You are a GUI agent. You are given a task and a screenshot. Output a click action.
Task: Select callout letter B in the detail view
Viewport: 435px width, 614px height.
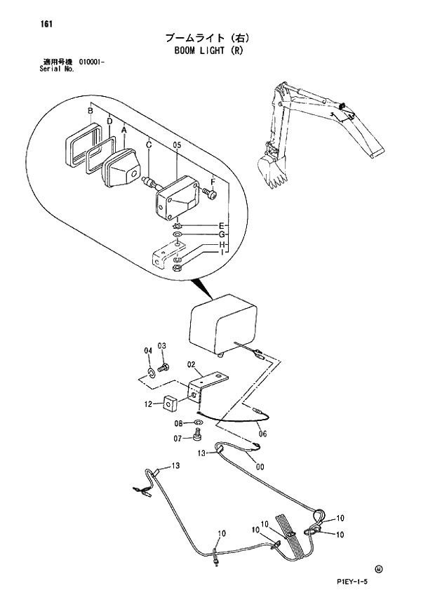pyautogui.click(x=91, y=111)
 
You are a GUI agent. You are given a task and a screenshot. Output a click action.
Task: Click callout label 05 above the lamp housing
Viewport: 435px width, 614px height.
pyautogui.click(x=177, y=145)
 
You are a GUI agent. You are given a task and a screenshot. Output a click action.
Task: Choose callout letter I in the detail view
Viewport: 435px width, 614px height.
pyautogui.click(x=221, y=251)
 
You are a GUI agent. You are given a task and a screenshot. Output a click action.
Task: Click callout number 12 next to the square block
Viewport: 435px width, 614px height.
pyautogui.click(x=148, y=404)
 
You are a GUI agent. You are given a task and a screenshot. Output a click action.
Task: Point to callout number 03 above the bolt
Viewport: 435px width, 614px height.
pyautogui.click(x=161, y=345)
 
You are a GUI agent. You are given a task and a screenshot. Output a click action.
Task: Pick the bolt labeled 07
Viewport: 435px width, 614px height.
pyautogui.click(x=196, y=439)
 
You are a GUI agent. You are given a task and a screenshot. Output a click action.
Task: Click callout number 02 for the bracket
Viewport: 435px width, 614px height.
pyautogui.click(x=190, y=364)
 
